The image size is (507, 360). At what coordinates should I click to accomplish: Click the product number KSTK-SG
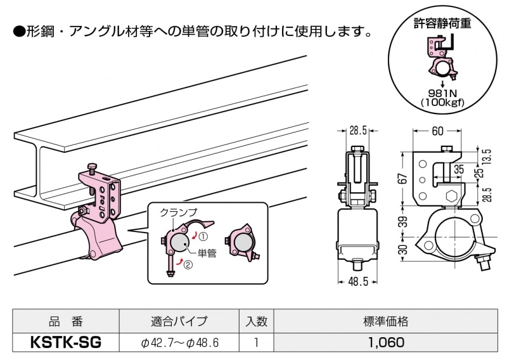point(66,343)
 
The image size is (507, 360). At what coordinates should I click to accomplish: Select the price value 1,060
point(385,343)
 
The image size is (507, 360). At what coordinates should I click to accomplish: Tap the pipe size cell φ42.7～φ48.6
point(179,343)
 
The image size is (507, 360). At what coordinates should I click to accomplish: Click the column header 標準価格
point(385,322)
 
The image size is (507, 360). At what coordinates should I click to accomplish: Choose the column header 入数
point(255,322)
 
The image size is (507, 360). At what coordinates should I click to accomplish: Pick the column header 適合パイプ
point(179,322)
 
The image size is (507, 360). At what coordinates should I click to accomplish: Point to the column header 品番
point(66,322)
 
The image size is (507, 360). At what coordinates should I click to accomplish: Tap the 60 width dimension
point(437,131)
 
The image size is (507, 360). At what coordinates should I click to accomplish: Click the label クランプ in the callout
point(178,212)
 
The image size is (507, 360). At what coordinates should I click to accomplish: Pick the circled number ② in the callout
point(188,264)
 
